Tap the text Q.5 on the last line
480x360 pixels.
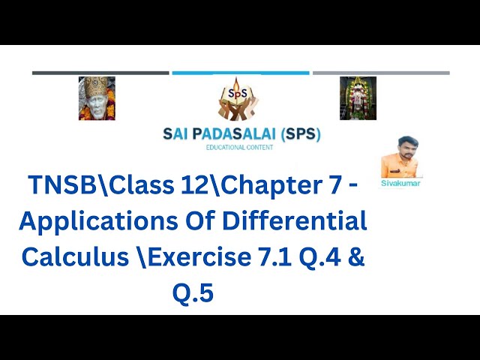pos(193,291)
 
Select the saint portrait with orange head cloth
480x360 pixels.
pos(97,98)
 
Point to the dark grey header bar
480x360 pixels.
pos(100,73)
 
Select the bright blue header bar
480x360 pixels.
pos(240,73)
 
